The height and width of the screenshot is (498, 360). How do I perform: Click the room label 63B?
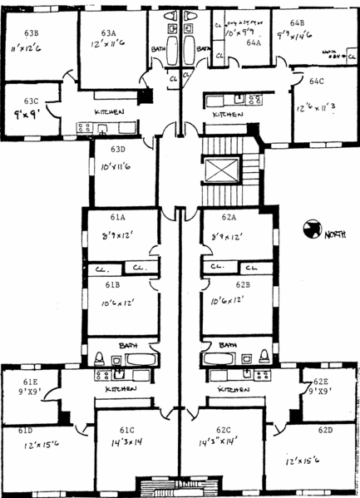coord(32,32)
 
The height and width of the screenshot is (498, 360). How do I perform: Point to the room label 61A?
coord(114,217)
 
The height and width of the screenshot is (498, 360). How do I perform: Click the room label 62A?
coord(229,217)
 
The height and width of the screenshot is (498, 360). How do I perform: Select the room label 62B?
coord(243,284)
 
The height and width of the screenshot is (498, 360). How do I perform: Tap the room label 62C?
coord(223,430)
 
